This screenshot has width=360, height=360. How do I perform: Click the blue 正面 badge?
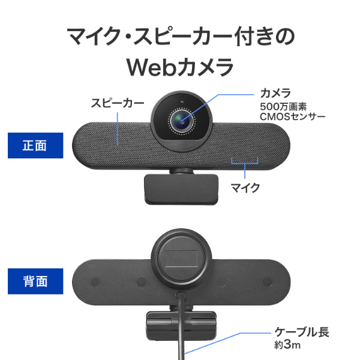coord(35,145)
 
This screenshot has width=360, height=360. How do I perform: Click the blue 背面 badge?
coord(35,280)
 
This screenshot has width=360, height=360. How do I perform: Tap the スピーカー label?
coord(117,103)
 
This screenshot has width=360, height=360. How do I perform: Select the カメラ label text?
coord(275,92)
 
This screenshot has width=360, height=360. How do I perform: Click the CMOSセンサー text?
coord(292,116)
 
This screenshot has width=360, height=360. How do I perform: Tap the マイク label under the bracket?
coord(245,188)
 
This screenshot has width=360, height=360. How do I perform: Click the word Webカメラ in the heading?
coord(180,66)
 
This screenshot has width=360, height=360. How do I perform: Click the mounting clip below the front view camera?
coord(180,187)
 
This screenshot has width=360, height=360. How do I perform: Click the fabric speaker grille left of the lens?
coord(114,141)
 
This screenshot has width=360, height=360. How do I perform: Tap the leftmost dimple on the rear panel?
coord(95,282)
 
